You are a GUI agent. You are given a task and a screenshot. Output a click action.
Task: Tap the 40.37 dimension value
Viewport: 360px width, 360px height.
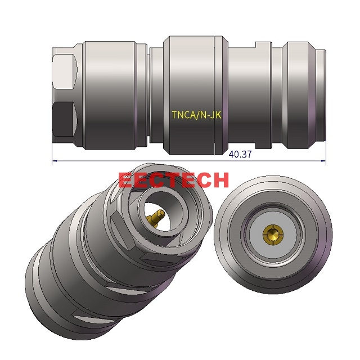[x=240, y=155]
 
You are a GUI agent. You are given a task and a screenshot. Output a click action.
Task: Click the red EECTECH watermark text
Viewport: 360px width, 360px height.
[x=174, y=180]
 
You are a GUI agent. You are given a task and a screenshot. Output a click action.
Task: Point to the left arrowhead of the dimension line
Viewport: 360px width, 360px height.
[x=54, y=162]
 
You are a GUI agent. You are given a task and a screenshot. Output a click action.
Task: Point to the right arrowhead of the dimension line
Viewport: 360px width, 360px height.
[x=324, y=162]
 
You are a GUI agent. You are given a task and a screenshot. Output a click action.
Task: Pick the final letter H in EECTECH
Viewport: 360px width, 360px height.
[x=220, y=180]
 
